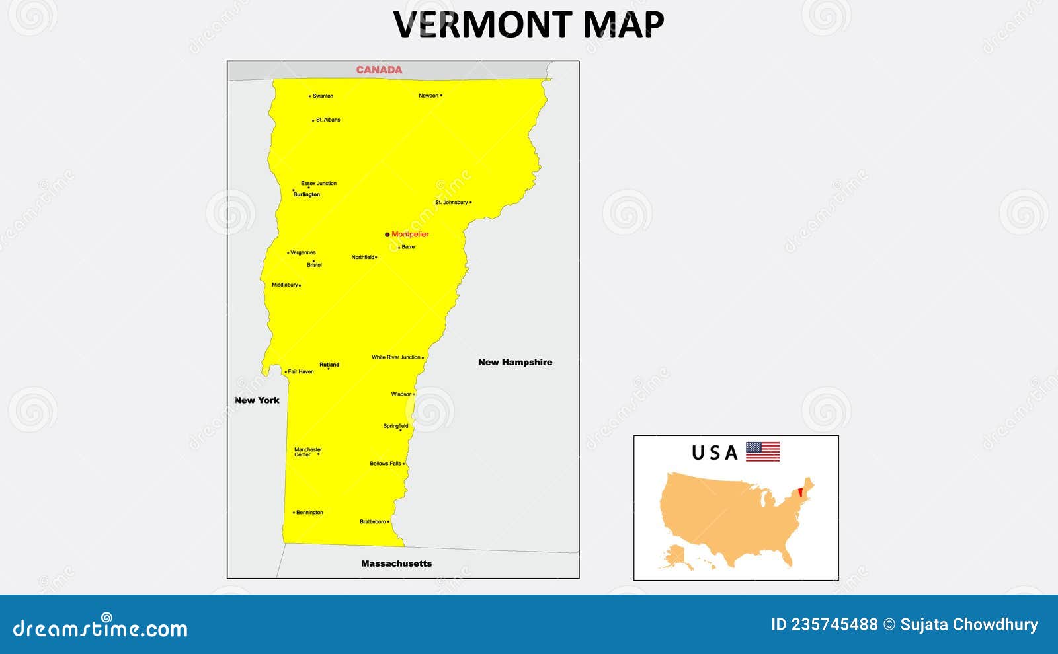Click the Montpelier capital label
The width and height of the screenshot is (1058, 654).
tap(410, 235)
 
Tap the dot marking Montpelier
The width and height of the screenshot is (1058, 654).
tap(387, 235)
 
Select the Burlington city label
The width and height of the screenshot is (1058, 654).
tap(307, 195)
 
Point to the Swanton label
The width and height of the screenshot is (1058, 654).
tap(323, 96)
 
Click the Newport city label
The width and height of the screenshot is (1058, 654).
tap(428, 96)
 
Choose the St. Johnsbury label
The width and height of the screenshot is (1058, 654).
tap(452, 203)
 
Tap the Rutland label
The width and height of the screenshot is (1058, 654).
tap(329, 365)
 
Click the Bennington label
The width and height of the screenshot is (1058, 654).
tap(309, 513)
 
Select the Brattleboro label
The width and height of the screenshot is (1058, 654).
tap(373, 522)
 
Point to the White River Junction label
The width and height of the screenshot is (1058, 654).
tap(396, 357)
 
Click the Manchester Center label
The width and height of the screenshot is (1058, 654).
tap(307, 452)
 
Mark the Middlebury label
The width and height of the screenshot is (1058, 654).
tap(285, 285)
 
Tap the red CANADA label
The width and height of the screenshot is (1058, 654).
tap(379, 70)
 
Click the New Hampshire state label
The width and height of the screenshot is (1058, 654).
tap(515, 362)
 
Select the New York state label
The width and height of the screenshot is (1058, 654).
tap(257, 400)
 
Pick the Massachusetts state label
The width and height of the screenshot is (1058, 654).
tap(396, 563)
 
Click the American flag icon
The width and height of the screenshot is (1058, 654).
tap(762, 452)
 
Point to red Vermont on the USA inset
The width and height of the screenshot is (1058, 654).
tap(801, 492)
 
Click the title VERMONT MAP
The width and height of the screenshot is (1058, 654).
tap(528, 24)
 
